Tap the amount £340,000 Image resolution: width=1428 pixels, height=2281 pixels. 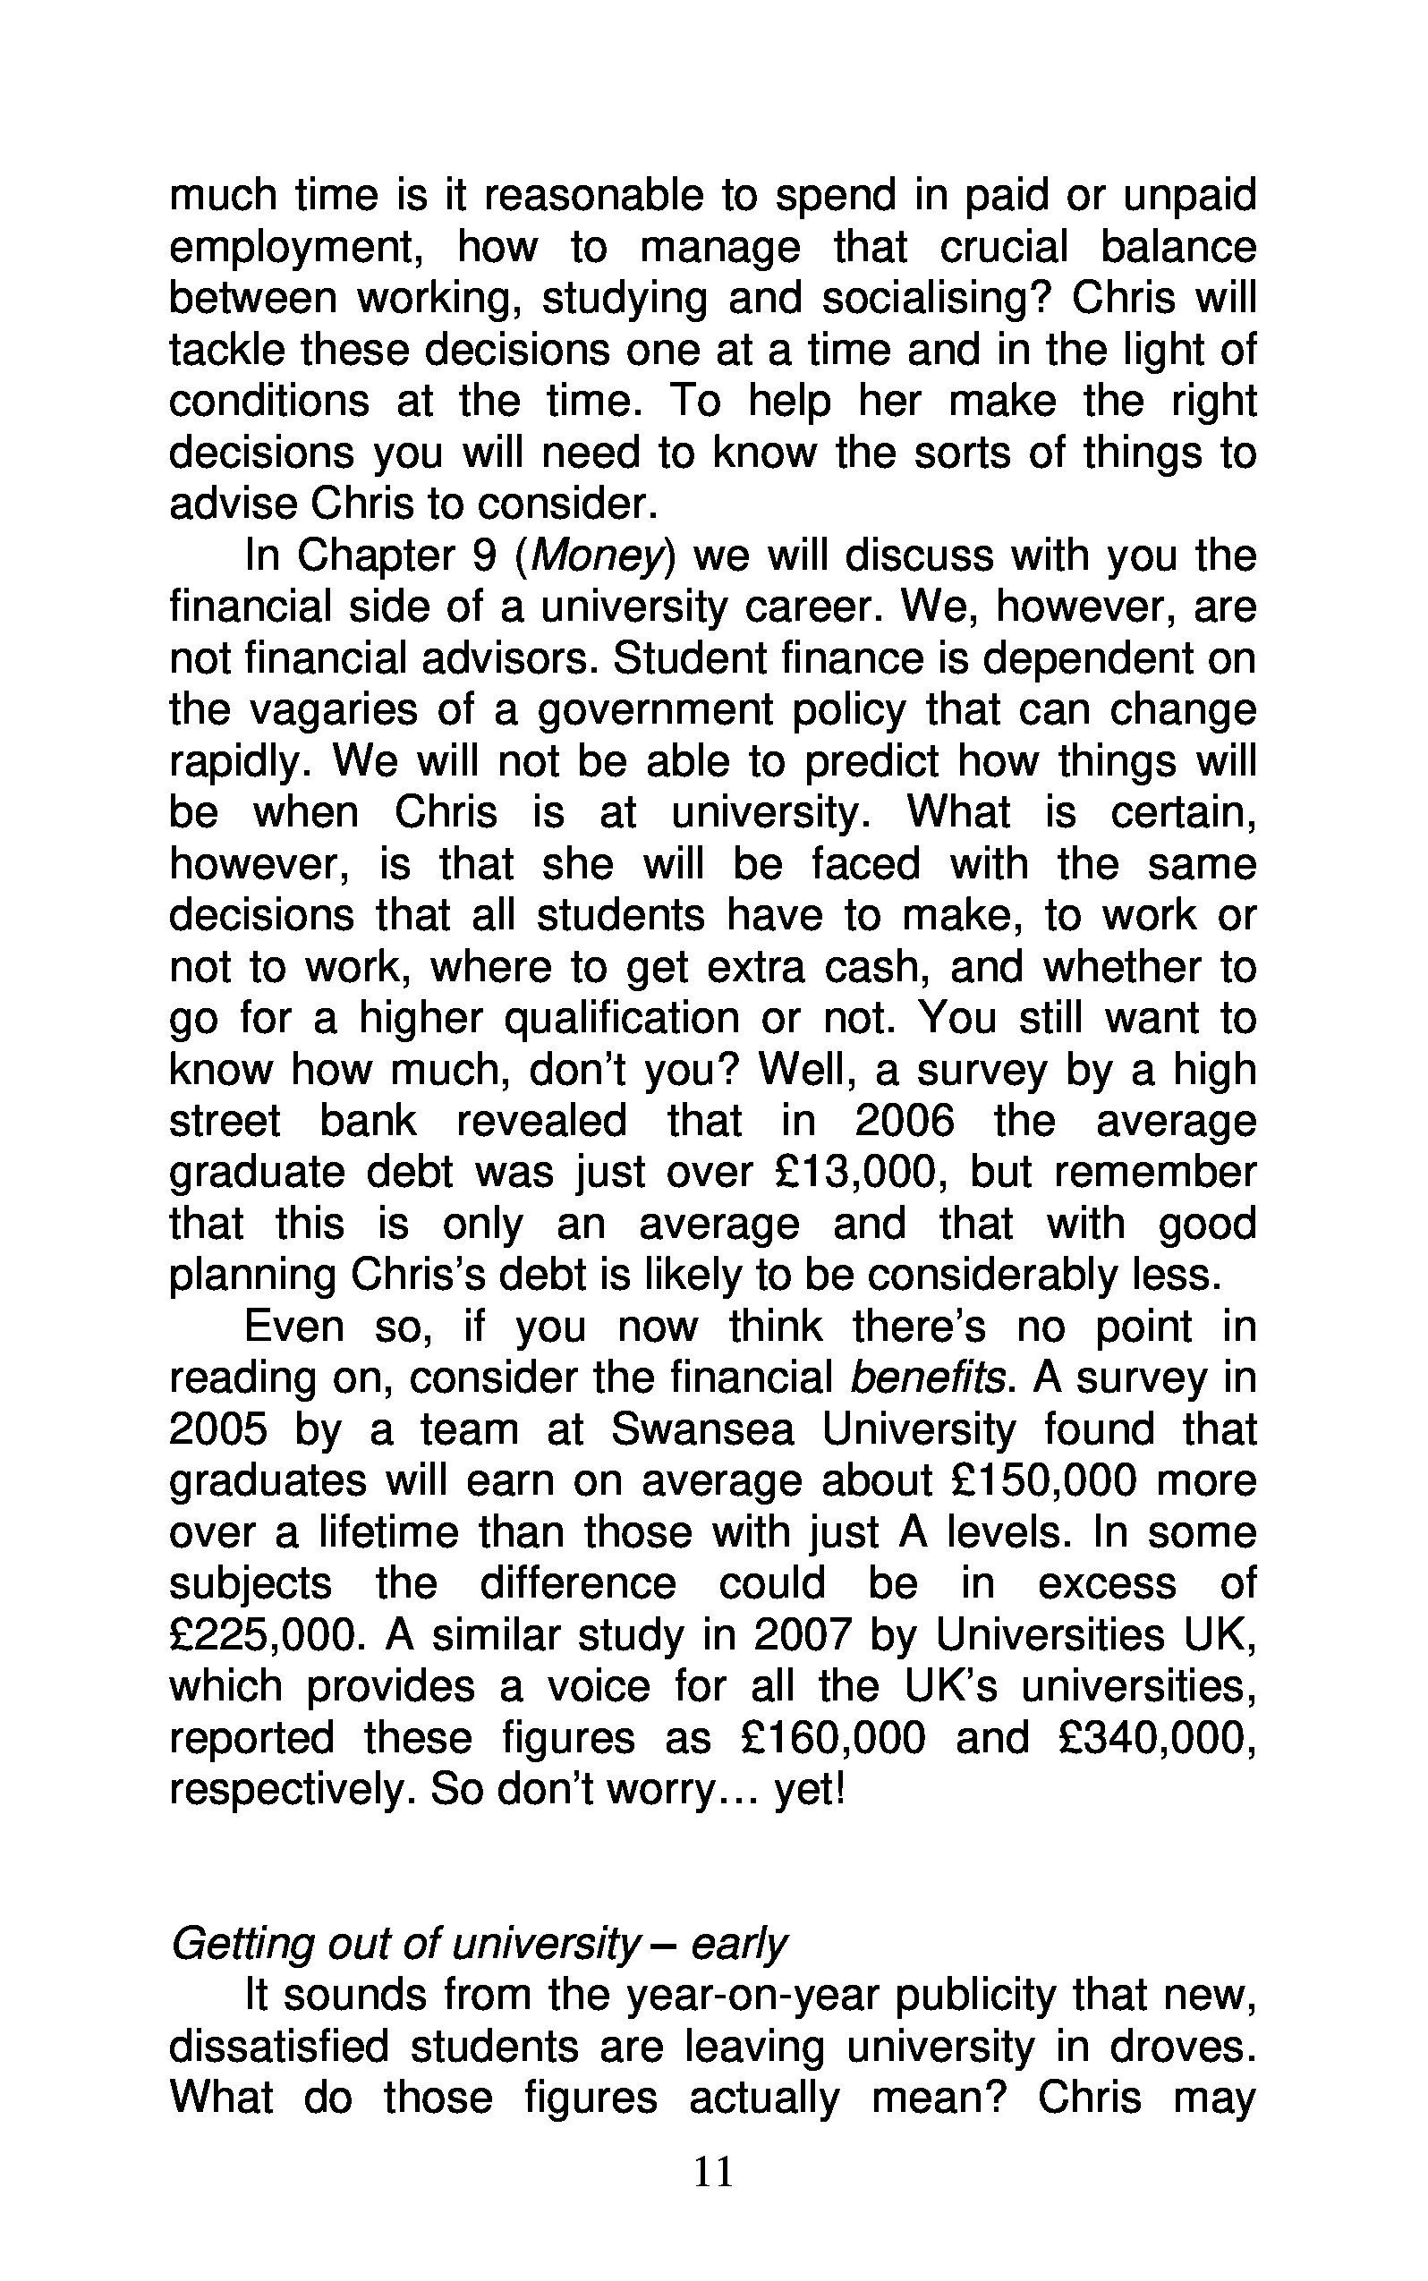click(1153, 1738)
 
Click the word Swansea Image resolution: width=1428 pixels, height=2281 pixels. click(702, 1430)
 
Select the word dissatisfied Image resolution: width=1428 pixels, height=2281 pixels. click(281, 2047)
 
